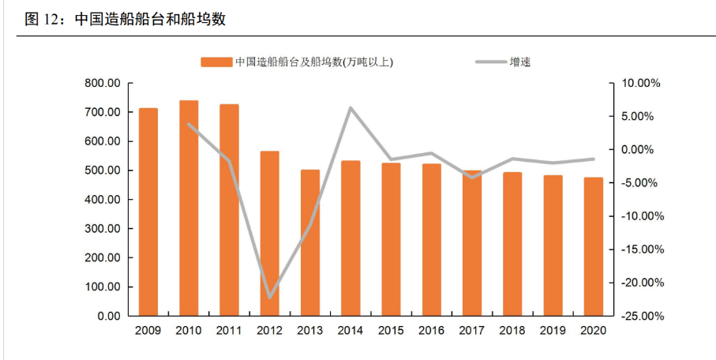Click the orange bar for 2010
(189, 208)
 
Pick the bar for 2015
(391, 239)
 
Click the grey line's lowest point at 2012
(270, 298)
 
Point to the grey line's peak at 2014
(351, 107)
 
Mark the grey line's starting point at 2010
(189, 124)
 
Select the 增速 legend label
(520, 62)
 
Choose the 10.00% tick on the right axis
(640, 84)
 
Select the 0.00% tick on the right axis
(643, 150)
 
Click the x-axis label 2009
(148, 331)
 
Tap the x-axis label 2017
(471, 331)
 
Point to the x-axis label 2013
(310, 331)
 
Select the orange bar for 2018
(512, 244)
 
